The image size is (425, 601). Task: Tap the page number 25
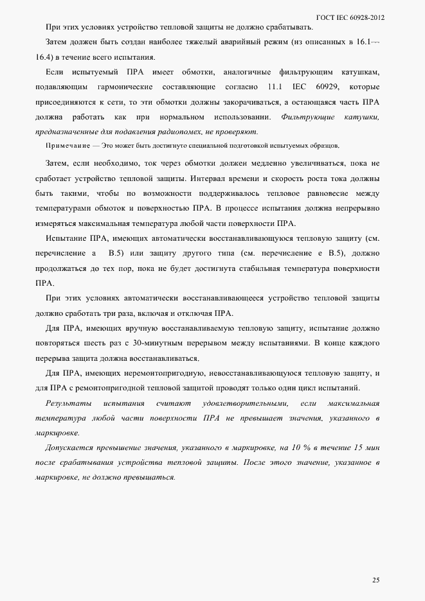[375, 580]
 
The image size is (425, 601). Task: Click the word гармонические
[125, 87]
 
